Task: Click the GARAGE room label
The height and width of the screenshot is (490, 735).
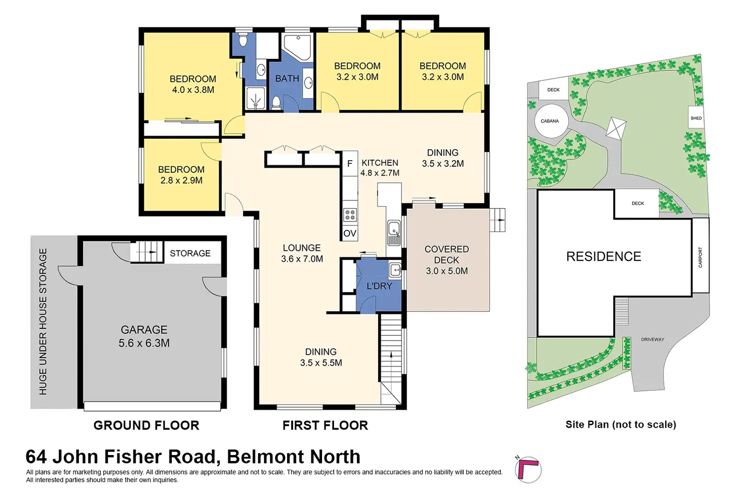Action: coord(144,330)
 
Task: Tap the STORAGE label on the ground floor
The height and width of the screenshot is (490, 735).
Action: coord(190,253)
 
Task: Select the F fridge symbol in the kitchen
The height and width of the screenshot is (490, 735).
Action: coord(350,164)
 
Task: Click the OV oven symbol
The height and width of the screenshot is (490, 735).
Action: coord(350,234)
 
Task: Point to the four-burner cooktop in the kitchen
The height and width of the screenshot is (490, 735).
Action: coord(350,215)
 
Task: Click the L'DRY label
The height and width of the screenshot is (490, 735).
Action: coord(379,286)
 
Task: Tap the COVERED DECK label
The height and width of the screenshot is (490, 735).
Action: coord(446,254)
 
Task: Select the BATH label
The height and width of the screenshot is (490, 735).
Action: coord(287,79)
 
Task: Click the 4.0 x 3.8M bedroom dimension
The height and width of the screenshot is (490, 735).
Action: coord(193,90)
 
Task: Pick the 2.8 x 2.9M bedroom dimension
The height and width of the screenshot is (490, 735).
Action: coord(181,181)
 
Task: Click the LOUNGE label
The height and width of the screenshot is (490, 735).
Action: coord(302,248)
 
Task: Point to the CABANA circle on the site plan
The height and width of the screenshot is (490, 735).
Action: coord(550,121)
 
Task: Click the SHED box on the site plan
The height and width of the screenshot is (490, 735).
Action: coord(696,118)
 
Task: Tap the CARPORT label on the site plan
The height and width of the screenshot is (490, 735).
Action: coord(700,257)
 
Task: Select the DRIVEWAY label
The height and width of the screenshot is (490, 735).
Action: coord(653,339)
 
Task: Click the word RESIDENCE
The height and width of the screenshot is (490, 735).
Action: coord(603,256)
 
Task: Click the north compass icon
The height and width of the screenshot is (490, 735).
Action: coord(528,470)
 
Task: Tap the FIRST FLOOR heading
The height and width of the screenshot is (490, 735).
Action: coord(325,425)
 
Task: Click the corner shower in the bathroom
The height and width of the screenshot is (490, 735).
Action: coord(297,47)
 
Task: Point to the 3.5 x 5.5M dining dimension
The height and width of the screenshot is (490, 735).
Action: coord(321,363)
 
